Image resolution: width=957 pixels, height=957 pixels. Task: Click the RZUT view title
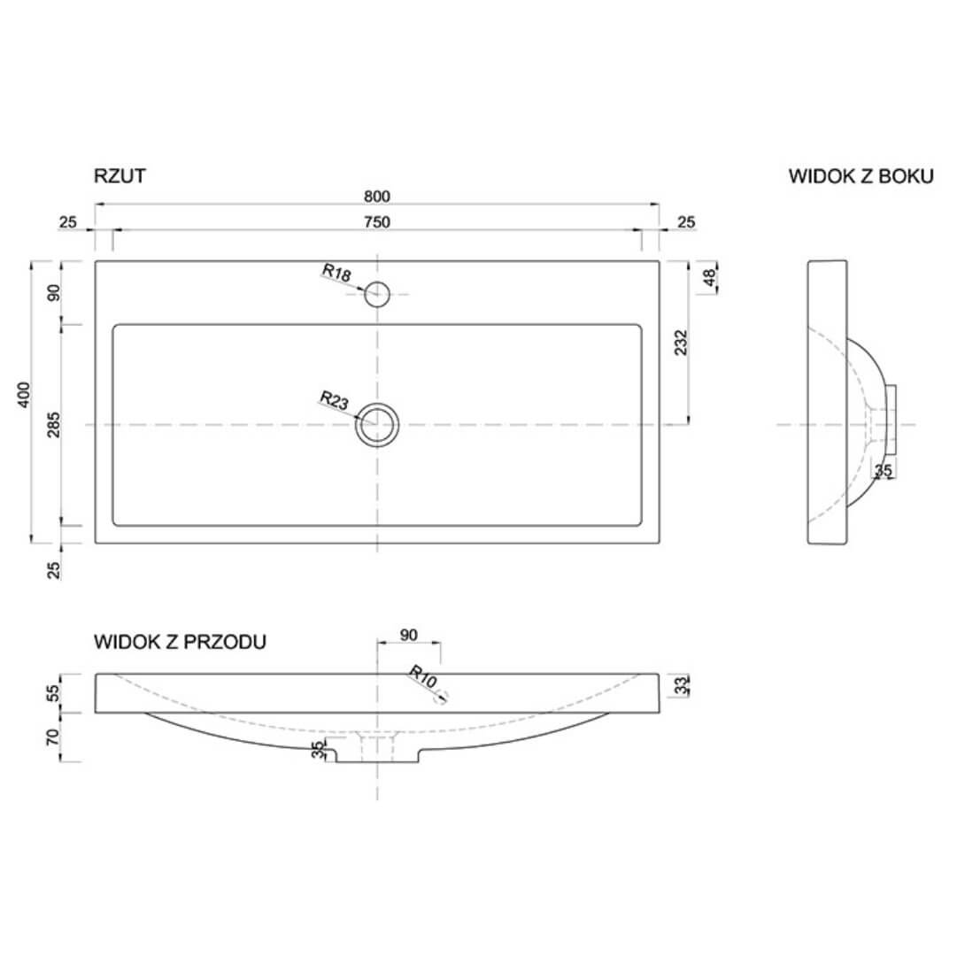(120, 176)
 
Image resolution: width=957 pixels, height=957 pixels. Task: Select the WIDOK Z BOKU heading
(861, 176)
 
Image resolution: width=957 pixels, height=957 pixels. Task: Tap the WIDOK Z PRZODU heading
(180, 642)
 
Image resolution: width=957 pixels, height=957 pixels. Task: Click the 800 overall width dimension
(376, 197)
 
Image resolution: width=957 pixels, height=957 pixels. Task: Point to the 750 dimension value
(376, 222)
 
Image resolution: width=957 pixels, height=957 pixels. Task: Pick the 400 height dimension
(23, 395)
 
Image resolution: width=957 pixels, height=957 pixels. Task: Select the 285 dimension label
(54, 425)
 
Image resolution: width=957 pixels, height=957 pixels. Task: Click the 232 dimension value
(681, 343)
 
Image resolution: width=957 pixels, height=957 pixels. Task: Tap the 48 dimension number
(708, 278)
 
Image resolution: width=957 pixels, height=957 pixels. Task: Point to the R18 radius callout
(336, 272)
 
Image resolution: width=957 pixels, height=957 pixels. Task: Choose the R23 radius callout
(334, 400)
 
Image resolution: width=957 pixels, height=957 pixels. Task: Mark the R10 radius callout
(421, 676)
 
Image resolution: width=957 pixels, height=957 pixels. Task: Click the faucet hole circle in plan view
(377, 294)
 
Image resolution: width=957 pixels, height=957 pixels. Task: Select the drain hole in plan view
(377, 425)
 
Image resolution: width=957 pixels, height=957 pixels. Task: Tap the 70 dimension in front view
(53, 737)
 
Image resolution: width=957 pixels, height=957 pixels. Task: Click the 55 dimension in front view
(53, 692)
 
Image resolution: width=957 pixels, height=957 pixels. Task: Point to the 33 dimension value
(681, 686)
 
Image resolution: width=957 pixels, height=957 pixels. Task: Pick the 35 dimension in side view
(884, 471)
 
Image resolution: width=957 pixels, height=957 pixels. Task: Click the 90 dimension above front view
(408, 635)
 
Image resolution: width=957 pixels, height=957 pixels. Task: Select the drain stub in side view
(891, 420)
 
